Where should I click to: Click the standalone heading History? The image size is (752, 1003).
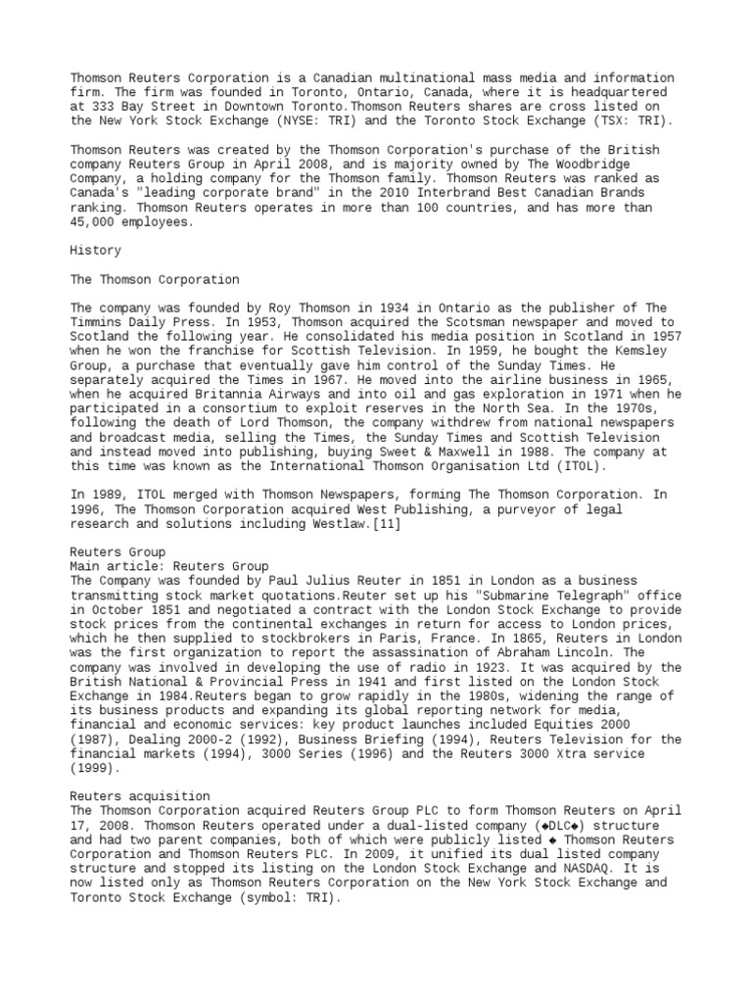point(95,251)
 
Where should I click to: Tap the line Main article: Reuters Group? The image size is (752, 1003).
point(169,566)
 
